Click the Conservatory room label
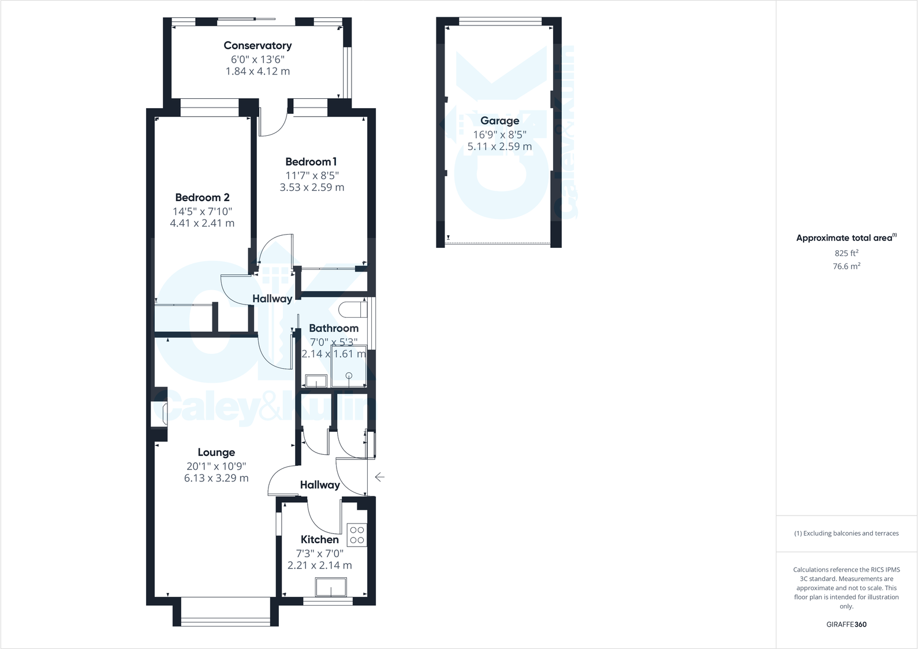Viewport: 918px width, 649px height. (x=258, y=45)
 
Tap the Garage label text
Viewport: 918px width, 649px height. (x=499, y=121)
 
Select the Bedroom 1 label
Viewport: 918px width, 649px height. (x=311, y=162)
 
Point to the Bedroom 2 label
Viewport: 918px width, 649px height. (x=202, y=198)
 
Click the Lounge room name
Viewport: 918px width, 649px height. (x=216, y=453)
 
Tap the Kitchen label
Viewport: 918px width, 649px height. (x=319, y=539)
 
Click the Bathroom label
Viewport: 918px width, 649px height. (x=333, y=328)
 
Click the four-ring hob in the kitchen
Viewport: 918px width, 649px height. (x=357, y=535)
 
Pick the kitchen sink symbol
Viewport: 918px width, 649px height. (x=331, y=588)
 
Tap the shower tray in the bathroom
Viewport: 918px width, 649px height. (x=349, y=366)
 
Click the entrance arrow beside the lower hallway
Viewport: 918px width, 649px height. (x=380, y=477)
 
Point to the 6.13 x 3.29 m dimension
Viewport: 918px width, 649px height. (x=216, y=478)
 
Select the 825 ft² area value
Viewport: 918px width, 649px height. (x=846, y=253)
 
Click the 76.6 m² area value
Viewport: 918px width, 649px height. (x=846, y=266)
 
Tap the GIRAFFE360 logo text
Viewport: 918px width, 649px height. (x=846, y=624)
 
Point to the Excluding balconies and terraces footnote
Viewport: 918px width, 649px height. (x=846, y=533)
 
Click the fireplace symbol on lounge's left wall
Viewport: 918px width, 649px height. (x=159, y=414)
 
